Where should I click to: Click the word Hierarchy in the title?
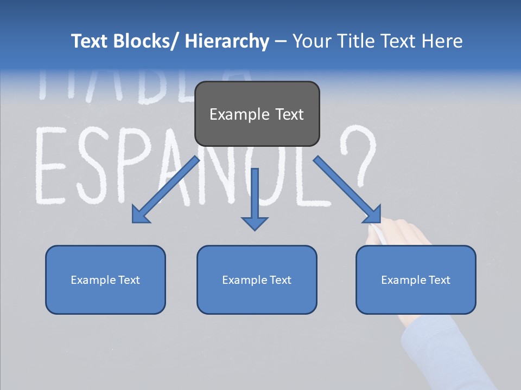pyautogui.click(x=227, y=41)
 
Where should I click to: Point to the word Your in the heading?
pyautogui.click(x=311, y=41)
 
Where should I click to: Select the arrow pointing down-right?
pyautogui.click(x=348, y=190)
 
